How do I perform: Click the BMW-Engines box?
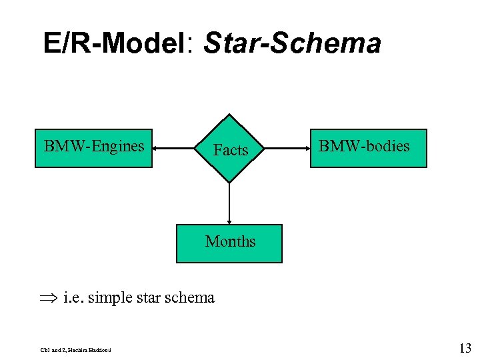(94, 147)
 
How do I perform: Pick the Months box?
(229, 244)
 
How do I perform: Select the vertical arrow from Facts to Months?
(229, 203)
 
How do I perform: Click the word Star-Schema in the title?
(293, 44)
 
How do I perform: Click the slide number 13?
(465, 348)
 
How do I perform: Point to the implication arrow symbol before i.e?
(51, 298)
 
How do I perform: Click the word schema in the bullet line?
(191, 297)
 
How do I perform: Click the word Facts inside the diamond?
(230, 151)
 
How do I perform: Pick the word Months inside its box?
(230, 241)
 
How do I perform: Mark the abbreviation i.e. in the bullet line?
(74, 297)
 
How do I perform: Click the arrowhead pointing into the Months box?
(229, 221)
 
